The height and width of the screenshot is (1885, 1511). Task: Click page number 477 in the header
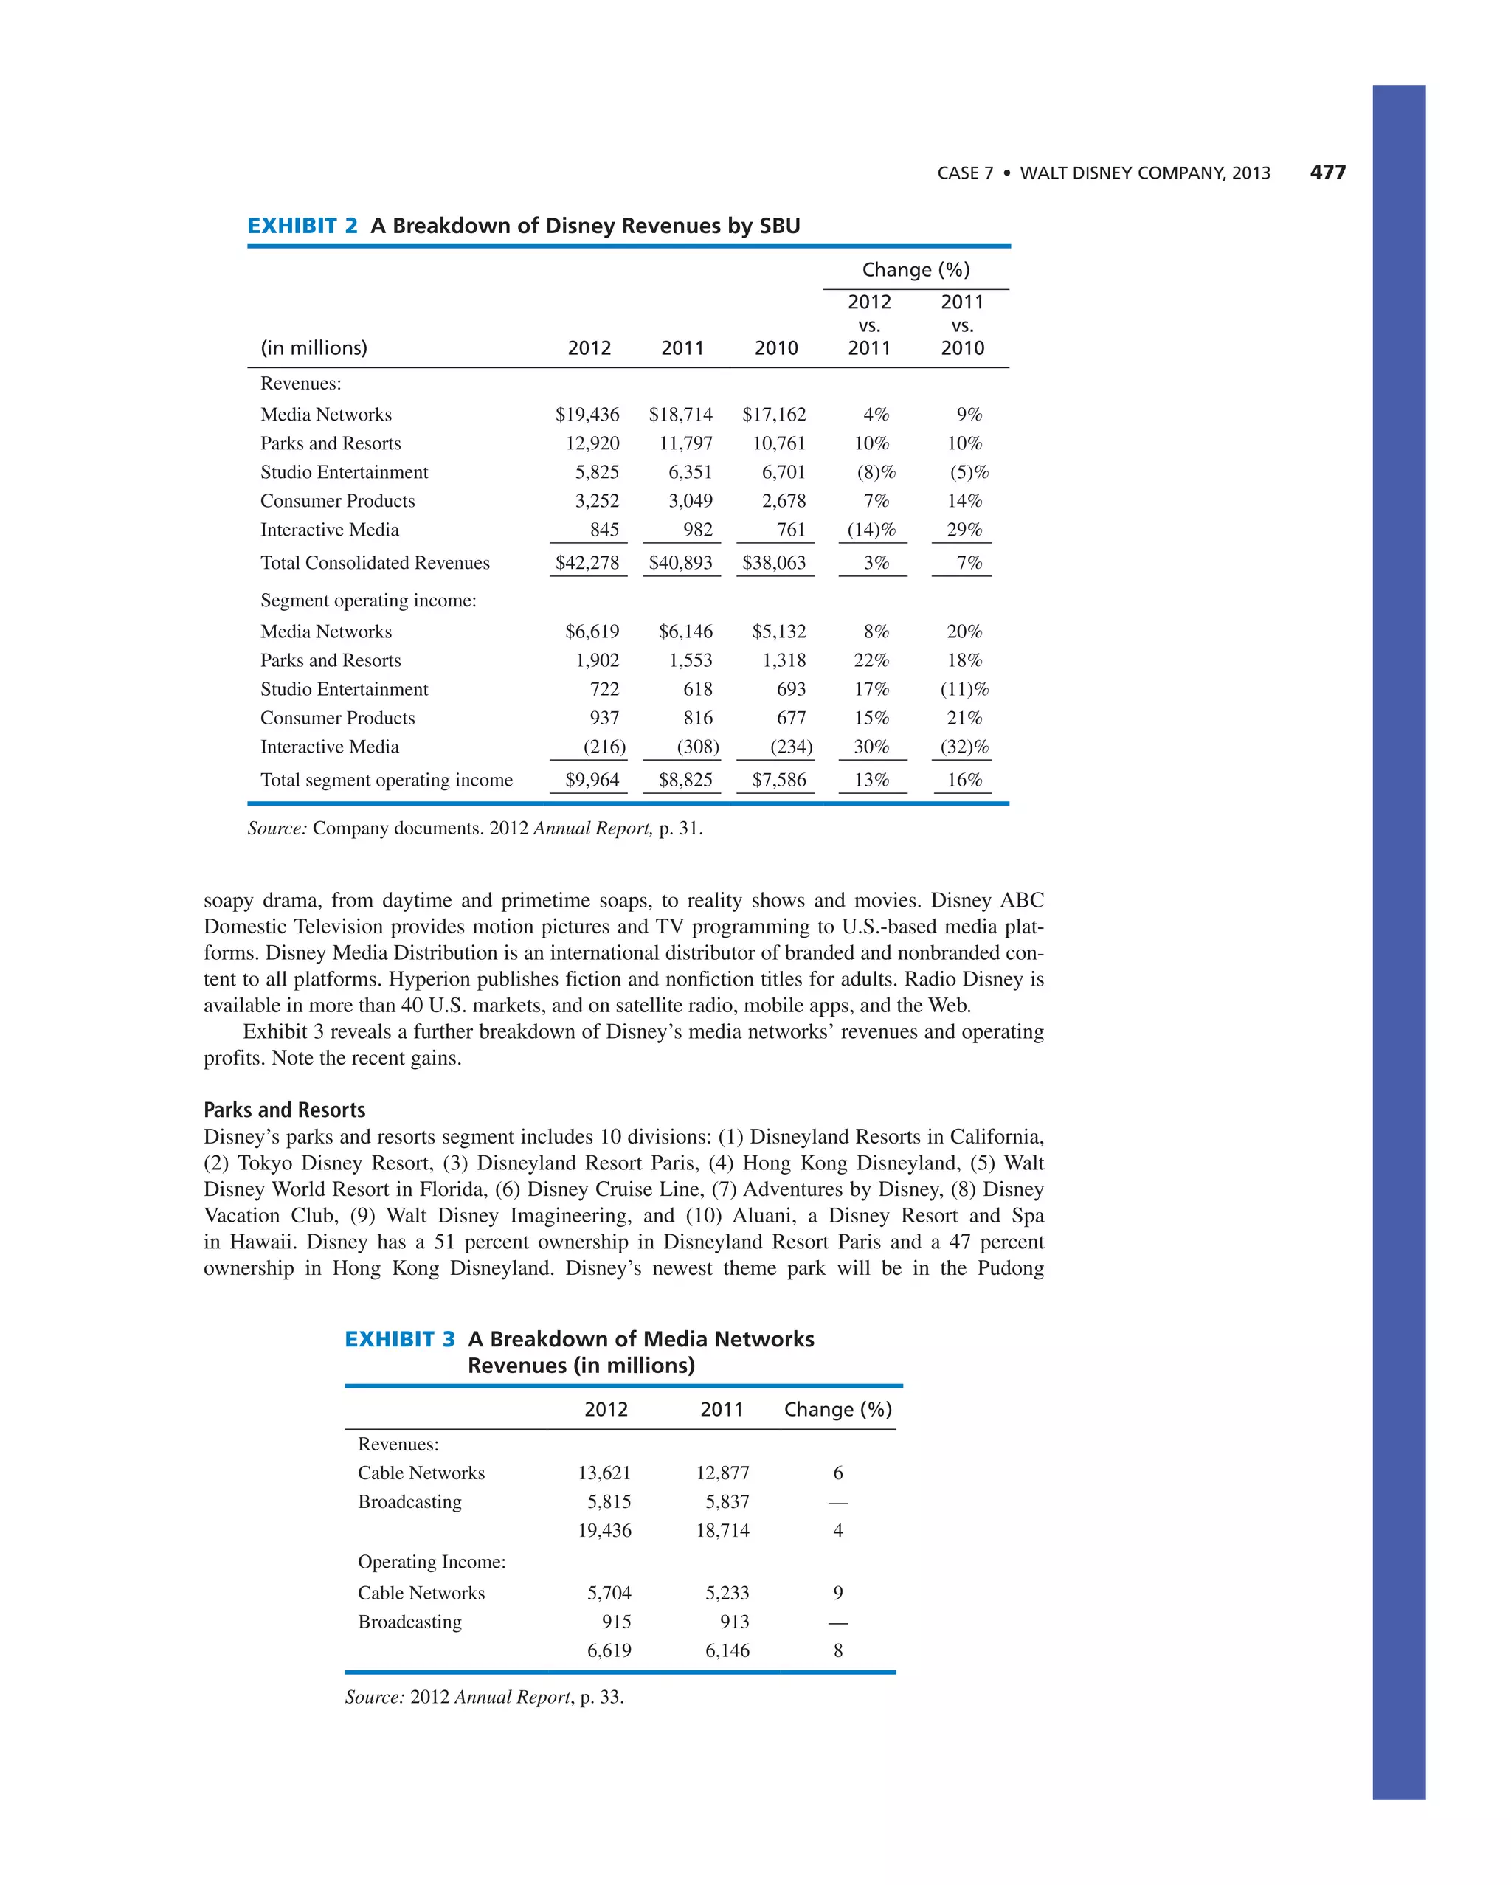coord(1327,172)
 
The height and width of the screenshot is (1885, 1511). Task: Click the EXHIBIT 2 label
coord(302,226)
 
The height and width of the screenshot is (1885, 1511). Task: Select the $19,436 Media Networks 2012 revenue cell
coord(587,415)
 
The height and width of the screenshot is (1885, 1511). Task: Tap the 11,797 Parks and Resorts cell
coord(685,443)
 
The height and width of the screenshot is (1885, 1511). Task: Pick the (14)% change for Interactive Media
coord(871,530)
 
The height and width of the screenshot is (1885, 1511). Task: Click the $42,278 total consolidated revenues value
coord(587,563)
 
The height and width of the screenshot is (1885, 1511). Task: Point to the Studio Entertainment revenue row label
coord(344,472)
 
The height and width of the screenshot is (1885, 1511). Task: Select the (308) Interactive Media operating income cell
coord(698,747)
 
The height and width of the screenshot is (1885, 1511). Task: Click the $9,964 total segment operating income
coord(591,780)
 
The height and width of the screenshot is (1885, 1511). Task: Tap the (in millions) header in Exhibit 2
coord(313,348)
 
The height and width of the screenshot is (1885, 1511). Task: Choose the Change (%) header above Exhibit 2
coord(916,270)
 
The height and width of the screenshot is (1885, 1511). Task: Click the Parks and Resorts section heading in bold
coord(284,1110)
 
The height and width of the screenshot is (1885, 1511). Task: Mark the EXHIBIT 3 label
coord(400,1340)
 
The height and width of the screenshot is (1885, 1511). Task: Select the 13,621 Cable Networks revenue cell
coord(604,1473)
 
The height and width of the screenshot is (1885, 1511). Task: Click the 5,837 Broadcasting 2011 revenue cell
coord(727,1501)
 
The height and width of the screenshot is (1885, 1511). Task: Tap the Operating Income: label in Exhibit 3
coord(431,1562)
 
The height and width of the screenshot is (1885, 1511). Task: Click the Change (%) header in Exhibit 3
coord(837,1409)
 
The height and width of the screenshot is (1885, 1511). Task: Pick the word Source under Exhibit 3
coord(374,1697)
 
